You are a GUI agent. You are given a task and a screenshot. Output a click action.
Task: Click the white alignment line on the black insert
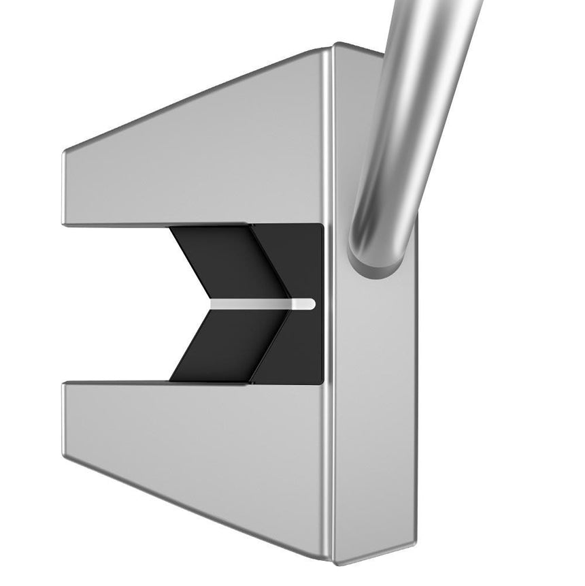tap(258, 303)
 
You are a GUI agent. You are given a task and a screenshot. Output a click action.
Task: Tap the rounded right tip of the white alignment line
tap(310, 303)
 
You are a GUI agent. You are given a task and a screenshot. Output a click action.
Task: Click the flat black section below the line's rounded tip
tap(299, 347)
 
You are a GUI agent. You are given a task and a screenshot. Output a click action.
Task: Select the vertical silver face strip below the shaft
tap(374, 408)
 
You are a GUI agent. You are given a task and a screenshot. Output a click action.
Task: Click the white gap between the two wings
tap(116, 303)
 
